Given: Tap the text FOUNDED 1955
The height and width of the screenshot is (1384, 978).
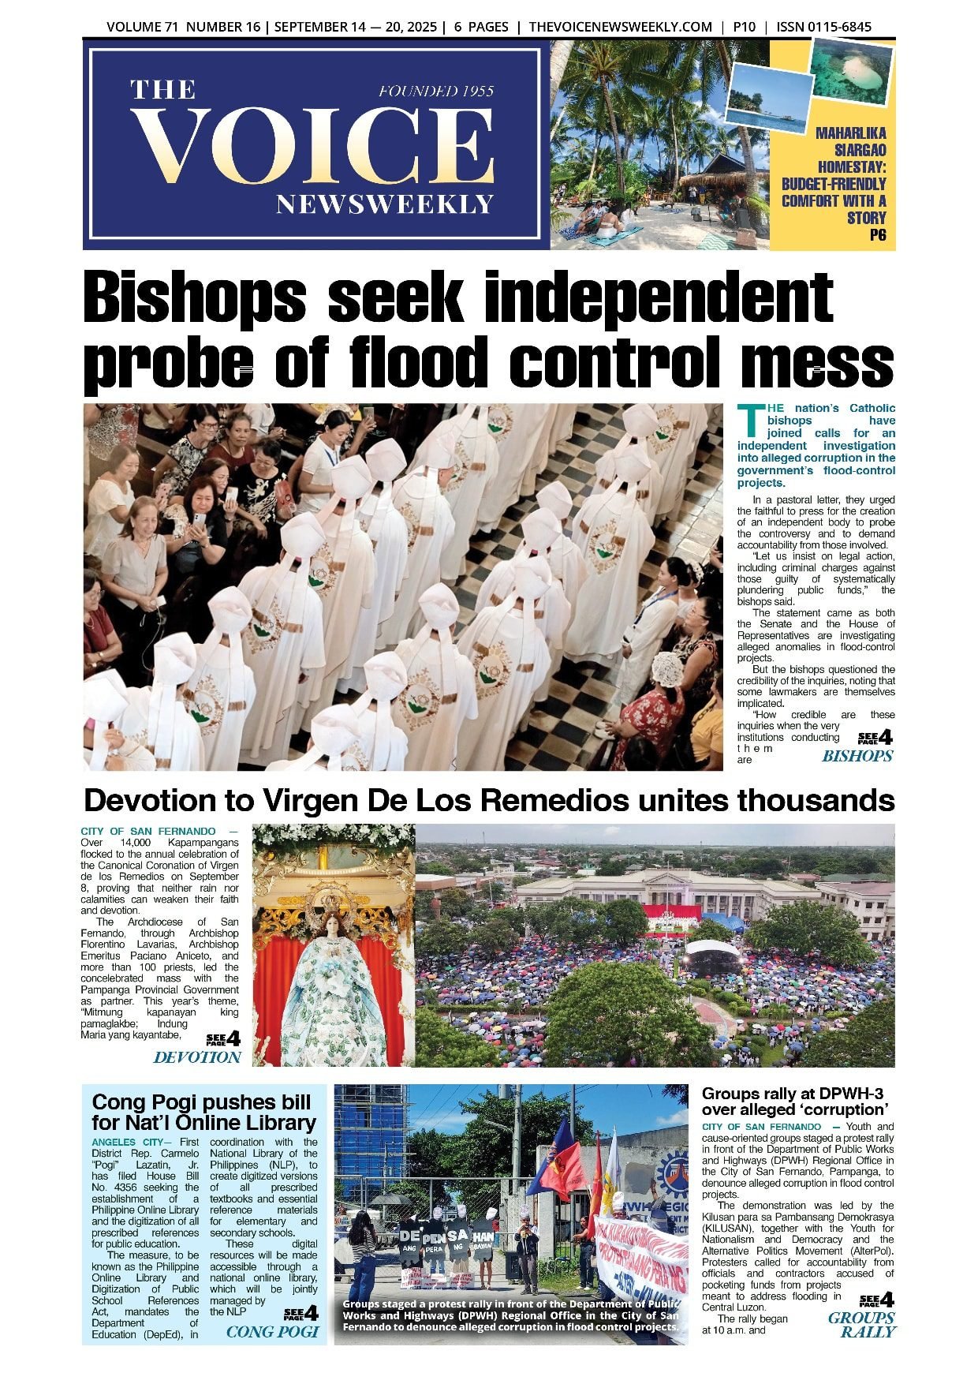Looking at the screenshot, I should pos(435,92).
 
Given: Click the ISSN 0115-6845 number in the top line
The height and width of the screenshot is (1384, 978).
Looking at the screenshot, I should pos(823,27).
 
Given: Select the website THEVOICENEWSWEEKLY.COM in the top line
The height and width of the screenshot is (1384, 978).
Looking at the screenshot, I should pos(620,27).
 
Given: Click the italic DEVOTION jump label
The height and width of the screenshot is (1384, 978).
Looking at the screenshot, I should pos(197,1057).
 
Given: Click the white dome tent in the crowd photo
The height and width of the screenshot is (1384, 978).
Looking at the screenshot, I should pos(712,948).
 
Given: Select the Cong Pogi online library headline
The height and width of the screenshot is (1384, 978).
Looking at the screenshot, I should pos(203,1113).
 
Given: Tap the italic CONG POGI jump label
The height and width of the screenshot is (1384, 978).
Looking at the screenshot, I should pos(272,1332).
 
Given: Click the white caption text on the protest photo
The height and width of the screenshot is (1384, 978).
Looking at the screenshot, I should pos(510,1315).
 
